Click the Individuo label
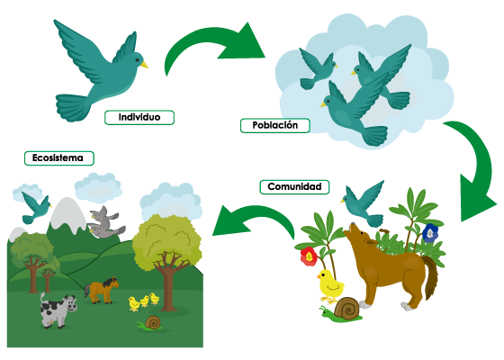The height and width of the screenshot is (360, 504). pyautogui.click(x=139, y=117)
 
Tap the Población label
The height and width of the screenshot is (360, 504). pyautogui.click(x=275, y=125)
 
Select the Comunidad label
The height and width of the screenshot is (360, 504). pyautogui.click(x=294, y=187)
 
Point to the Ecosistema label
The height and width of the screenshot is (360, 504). pyautogui.click(x=59, y=158)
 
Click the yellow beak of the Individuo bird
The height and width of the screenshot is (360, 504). pyautogui.click(x=144, y=64)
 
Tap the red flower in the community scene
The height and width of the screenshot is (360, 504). pyautogui.click(x=309, y=256)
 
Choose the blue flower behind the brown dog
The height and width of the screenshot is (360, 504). pyautogui.click(x=430, y=233)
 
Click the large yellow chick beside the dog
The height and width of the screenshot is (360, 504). pyautogui.click(x=330, y=286)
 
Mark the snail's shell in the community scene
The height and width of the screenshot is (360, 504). pyautogui.click(x=346, y=308)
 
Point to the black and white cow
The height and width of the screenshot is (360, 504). pyautogui.click(x=58, y=310)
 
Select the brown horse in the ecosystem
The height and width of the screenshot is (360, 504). pyautogui.click(x=102, y=290)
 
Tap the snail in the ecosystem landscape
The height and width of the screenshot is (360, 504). pyautogui.click(x=150, y=323)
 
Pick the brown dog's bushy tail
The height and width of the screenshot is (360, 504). pyautogui.click(x=430, y=276)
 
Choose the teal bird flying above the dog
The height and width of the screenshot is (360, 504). pyautogui.click(x=364, y=203)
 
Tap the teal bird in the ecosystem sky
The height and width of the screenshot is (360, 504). pyautogui.click(x=35, y=207)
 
